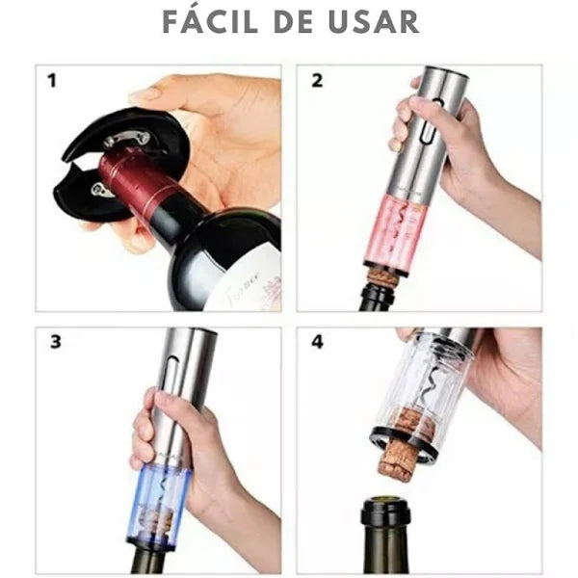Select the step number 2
tap(317, 80)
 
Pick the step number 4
tap(317, 342)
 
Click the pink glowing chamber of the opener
tap(404, 232)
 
